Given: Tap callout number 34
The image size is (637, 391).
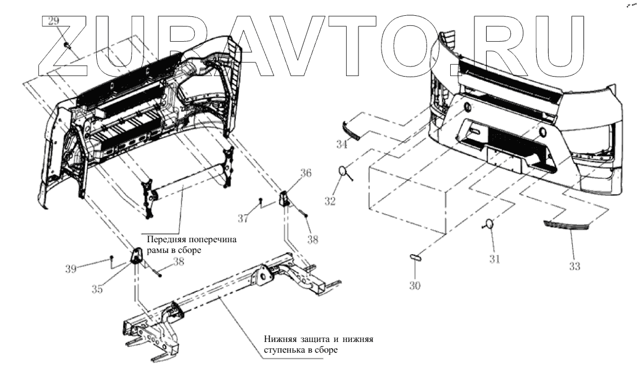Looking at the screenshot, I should coord(342,145).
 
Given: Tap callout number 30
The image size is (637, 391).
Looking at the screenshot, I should coord(415,286).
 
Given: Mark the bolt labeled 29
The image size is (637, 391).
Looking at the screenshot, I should coord(66,45).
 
